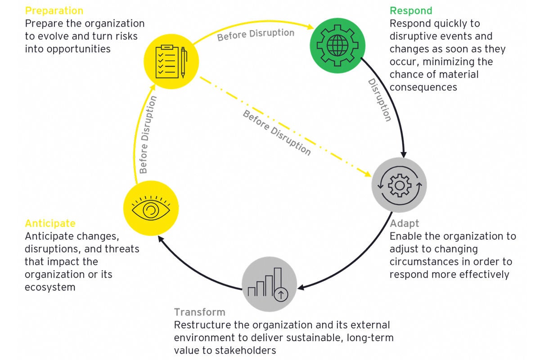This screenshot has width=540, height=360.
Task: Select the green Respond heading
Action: [x=411, y=11]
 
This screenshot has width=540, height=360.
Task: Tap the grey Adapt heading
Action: [x=405, y=224]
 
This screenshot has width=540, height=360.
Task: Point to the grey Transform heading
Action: [x=200, y=312]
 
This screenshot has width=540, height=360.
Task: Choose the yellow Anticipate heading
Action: [x=50, y=224]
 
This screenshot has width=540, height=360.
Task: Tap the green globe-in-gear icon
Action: [x=336, y=44]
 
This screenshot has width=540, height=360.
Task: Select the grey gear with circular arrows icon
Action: [x=399, y=185]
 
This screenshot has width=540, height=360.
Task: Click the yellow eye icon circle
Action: [x=151, y=207]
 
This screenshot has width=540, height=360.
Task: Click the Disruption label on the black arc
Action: [x=379, y=100]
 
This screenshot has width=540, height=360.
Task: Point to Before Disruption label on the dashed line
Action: [x=277, y=132]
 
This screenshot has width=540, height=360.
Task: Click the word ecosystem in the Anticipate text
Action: [x=50, y=287]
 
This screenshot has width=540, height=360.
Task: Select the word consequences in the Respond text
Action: [x=423, y=87]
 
